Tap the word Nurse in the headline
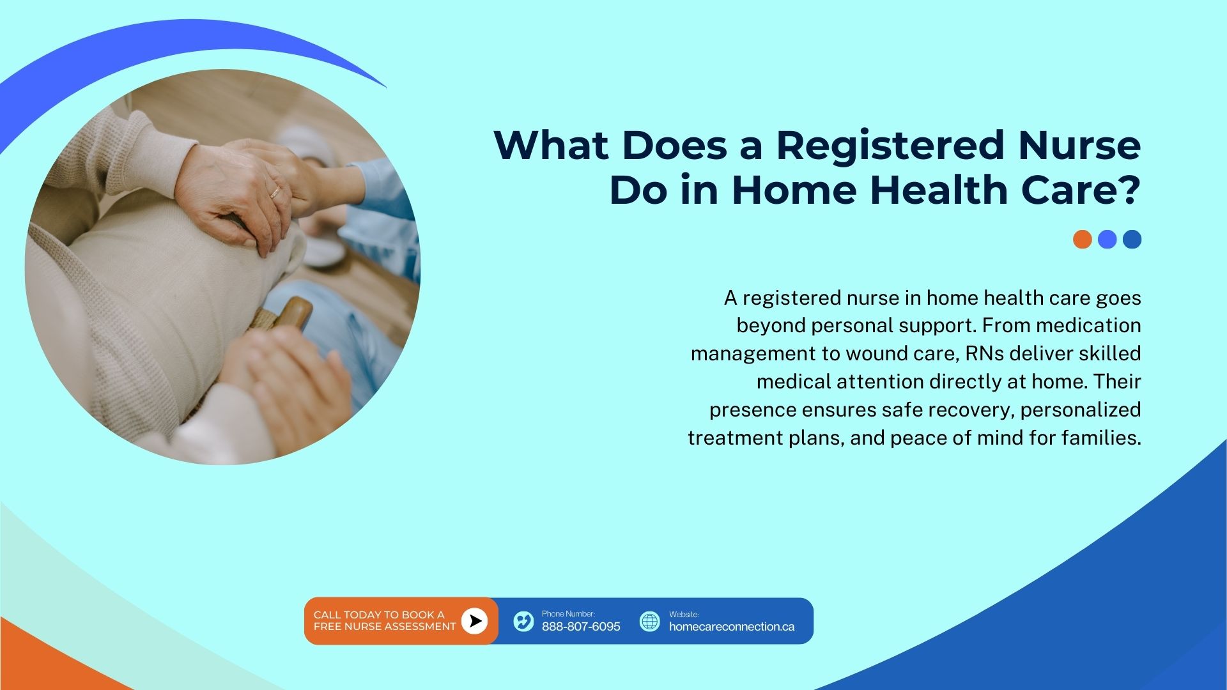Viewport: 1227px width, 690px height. (1079, 145)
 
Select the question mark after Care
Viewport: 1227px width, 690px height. (1128, 190)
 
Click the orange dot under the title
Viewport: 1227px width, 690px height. (1083, 240)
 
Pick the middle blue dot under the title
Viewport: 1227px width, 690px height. (1107, 240)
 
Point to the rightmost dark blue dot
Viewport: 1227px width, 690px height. (1132, 240)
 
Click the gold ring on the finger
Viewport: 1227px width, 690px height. (275, 192)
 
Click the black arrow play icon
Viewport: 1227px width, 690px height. (474, 621)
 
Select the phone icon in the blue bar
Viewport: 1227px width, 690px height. (523, 621)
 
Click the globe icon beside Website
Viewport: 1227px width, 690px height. (649, 621)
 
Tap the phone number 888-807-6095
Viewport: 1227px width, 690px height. (581, 627)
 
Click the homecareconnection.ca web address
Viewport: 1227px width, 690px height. (732, 627)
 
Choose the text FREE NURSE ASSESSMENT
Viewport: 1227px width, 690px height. (385, 627)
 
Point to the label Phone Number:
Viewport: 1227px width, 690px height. (568, 614)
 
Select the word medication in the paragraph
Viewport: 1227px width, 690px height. (1088, 325)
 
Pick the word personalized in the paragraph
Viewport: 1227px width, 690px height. (1081, 410)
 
